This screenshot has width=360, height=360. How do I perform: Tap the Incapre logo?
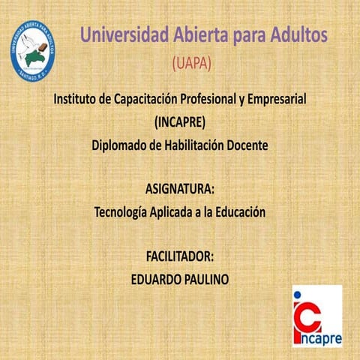pyautogui.click(x=316, y=316)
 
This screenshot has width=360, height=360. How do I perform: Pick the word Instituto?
pyautogui.click(x=79, y=99)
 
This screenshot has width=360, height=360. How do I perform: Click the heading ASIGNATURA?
pyautogui.click(x=179, y=188)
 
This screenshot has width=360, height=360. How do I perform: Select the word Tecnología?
pyautogui.click(x=123, y=211)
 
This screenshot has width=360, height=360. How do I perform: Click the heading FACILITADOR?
pyautogui.click(x=180, y=256)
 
